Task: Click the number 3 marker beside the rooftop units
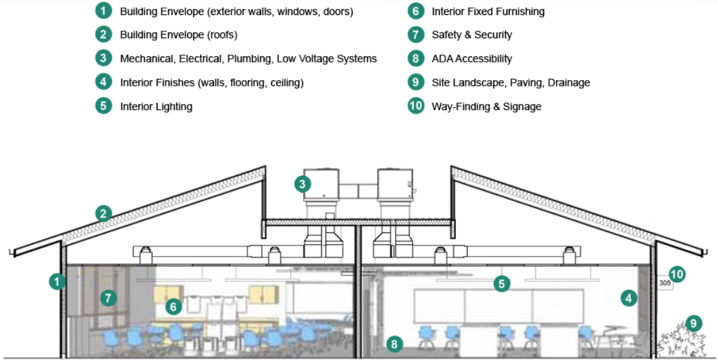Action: tap(303, 184)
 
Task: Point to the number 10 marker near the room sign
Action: tap(677, 274)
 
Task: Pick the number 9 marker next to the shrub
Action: tap(694, 323)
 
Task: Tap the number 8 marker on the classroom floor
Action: tap(393, 343)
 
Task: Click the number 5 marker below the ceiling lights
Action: tap(501, 284)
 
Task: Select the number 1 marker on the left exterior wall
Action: tap(58, 282)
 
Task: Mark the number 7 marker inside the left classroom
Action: tap(109, 298)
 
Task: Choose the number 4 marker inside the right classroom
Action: tap(628, 298)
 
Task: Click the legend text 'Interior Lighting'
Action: tap(156, 106)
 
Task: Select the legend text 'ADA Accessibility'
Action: tap(471, 59)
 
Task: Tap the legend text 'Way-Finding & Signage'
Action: tap(486, 106)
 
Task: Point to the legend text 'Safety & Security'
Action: tap(471, 35)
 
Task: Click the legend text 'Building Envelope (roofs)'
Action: tap(178, 35)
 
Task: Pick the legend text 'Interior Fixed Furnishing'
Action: tap(488, 11)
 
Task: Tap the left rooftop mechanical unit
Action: tap(322, 184)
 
